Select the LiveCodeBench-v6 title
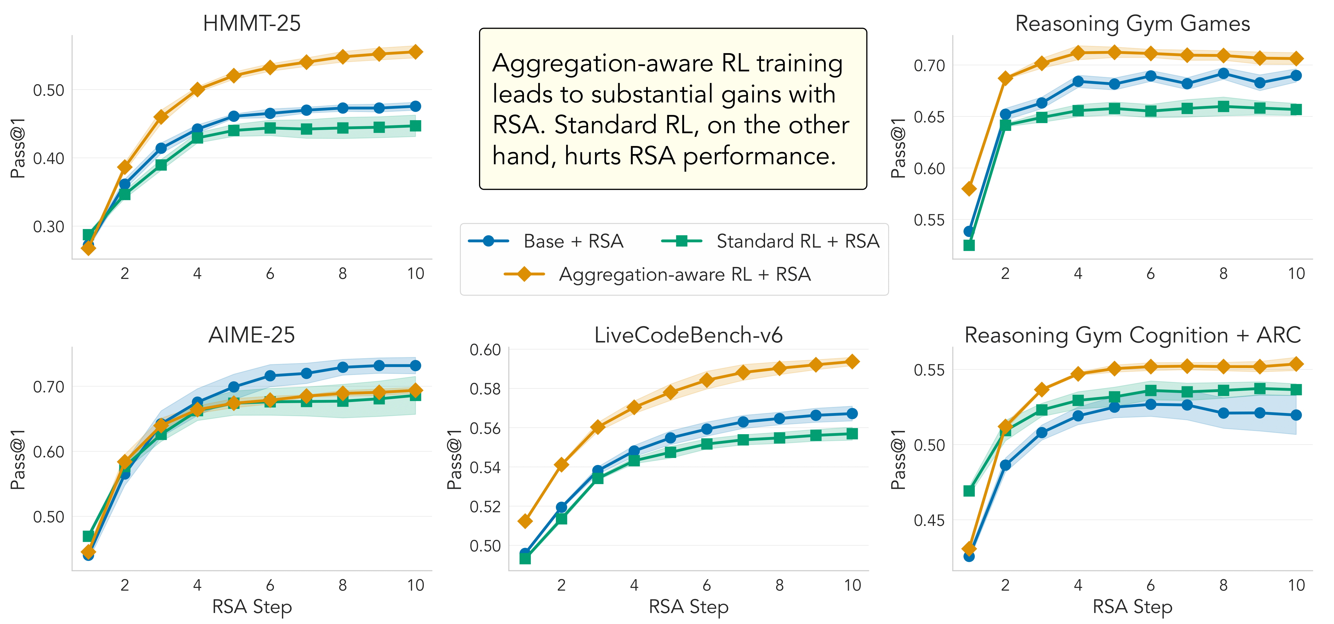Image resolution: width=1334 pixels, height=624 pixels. (x=688, y=335)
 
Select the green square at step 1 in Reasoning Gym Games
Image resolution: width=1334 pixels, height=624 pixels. (x=969, y=245)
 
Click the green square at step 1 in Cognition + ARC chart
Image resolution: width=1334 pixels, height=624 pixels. (x=969, y=490)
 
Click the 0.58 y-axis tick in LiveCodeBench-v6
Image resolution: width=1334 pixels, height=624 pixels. (x=485, y=389)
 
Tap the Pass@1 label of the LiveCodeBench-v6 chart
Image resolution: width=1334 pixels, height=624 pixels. (x=454, y=459)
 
